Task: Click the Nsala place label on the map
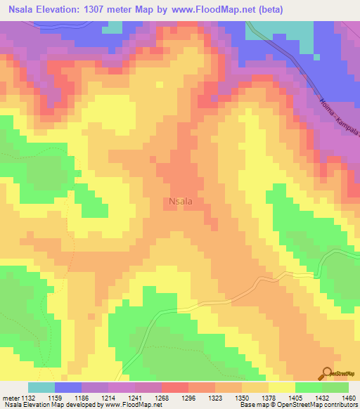(x=181, y=201)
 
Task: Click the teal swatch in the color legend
(x=41, y=387)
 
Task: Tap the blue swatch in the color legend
(x=68, y=387)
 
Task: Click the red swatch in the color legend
(x=175, y=387)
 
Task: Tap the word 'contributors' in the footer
(x=341, y=405)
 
